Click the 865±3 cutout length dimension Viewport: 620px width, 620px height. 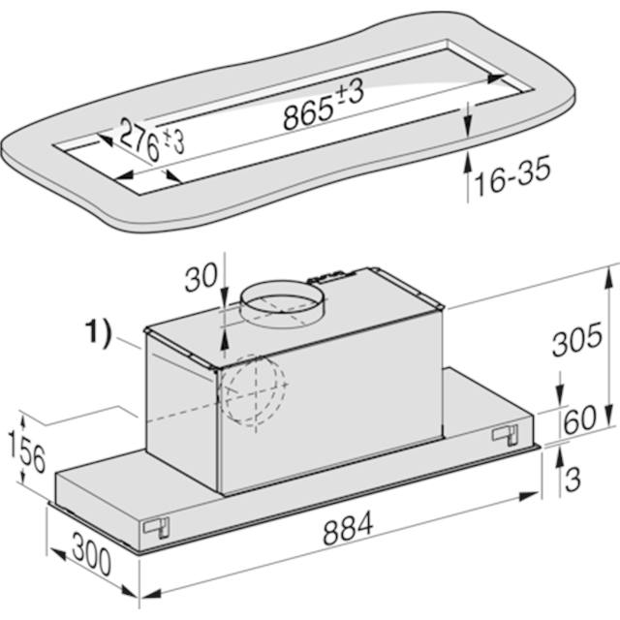click(324, 104)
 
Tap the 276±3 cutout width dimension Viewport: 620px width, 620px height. click(151, 140)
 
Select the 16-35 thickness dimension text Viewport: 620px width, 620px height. click(512, 176)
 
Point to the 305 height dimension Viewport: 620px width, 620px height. click(577, 339)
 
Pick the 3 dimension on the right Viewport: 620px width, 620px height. click(573, 480)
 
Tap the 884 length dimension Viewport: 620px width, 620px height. click(348, 527)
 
